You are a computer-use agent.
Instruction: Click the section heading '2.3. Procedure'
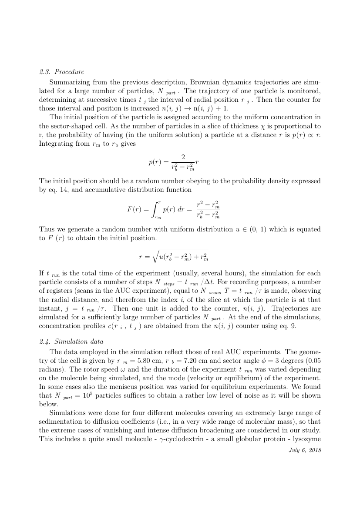(x=61, y=72)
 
